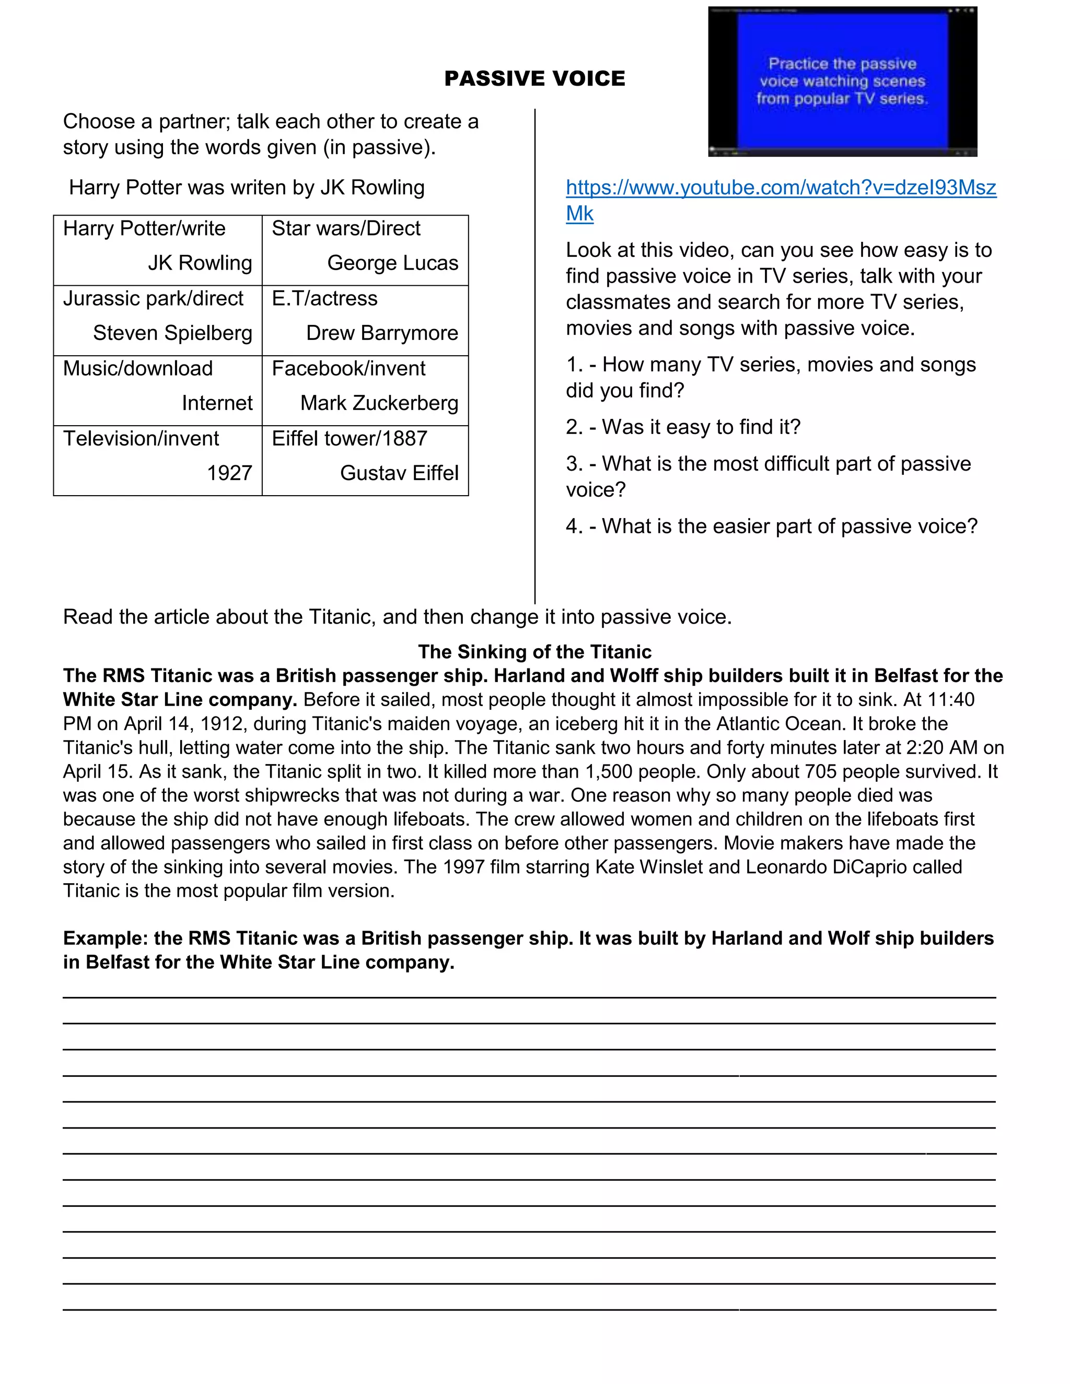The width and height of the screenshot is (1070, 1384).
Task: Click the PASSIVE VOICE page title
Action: tap(534, 78)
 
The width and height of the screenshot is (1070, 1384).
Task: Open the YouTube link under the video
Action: tap(781, 187)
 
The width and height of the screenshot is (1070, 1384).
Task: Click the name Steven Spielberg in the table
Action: tap(172, 333)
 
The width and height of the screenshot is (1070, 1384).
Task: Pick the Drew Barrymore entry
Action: tap(381, 333)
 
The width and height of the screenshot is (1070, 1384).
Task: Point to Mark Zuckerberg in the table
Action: tap(379, 403)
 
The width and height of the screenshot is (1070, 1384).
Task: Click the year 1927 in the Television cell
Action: tap(229, 473)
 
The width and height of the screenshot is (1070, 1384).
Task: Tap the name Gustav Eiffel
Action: tap(399, 473)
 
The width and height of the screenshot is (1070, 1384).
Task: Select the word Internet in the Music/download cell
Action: tap(217, 403)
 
